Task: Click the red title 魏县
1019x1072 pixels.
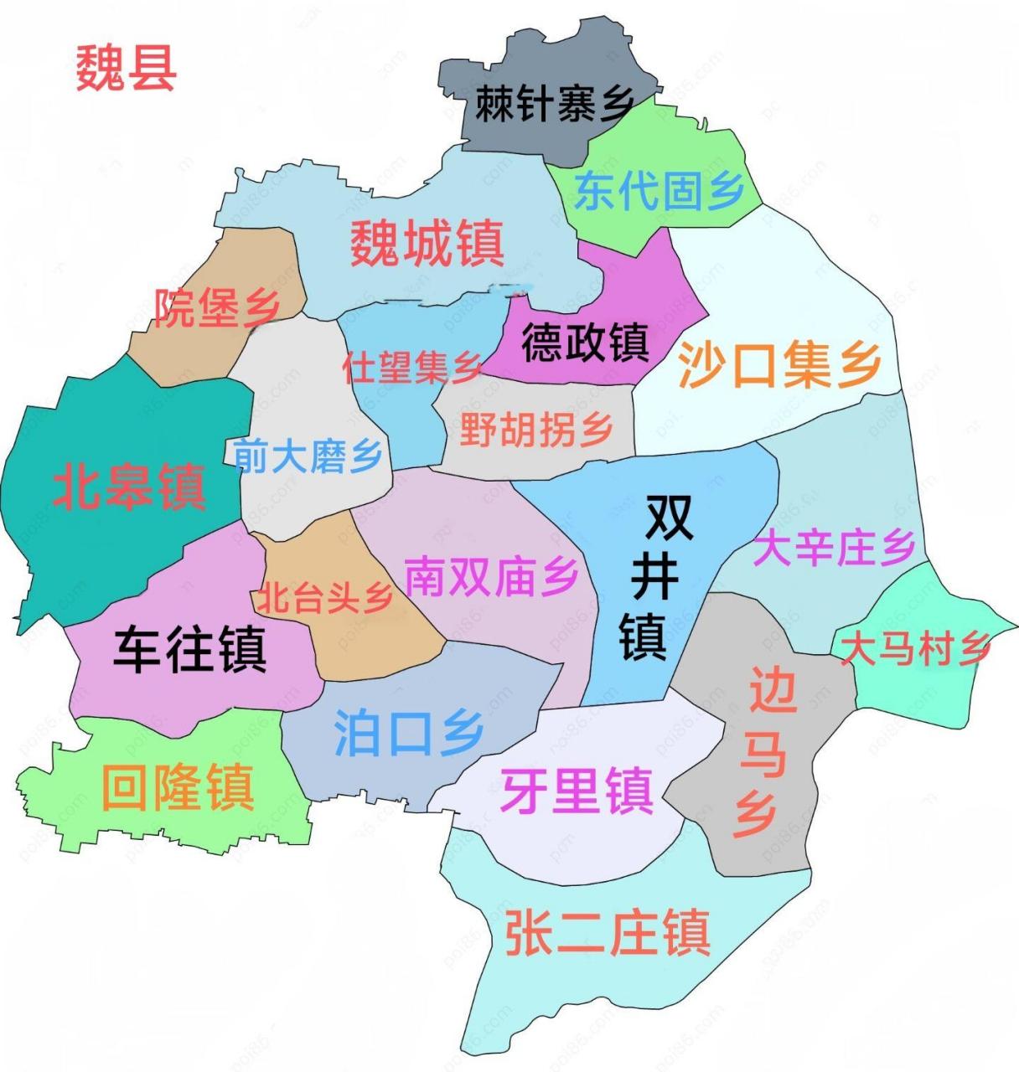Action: (126, 68)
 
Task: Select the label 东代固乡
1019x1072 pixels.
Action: (660, 191)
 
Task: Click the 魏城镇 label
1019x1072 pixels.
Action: (427, 244)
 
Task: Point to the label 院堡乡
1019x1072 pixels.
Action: (217, 308)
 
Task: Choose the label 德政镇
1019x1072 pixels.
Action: (585, 342)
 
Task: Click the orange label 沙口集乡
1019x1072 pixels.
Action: (779, 366)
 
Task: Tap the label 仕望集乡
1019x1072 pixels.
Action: (412, 367)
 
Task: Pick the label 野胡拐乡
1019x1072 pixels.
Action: (536, 430)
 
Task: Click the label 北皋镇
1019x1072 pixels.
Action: (129, 488)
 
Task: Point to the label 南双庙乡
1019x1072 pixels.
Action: (492, 577)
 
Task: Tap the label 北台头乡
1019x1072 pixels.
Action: (324, 598)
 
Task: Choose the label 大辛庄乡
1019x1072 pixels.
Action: (834, 549)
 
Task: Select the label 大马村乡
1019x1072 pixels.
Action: (916, 649)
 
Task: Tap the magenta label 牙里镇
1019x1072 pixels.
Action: (577, 791)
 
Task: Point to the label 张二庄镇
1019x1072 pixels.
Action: (608, 933)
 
